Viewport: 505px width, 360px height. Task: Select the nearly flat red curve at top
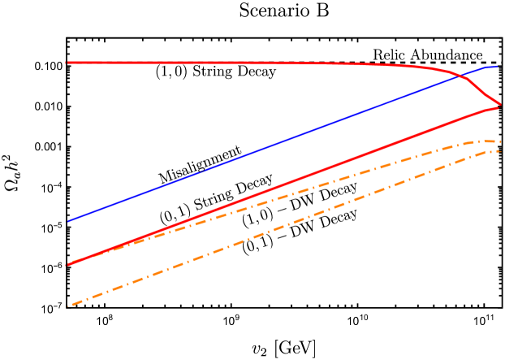click(x=203, y=63)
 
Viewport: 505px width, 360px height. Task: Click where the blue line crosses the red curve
click(x=462, y=76)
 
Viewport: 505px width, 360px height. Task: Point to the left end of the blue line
click(x=67, y=221)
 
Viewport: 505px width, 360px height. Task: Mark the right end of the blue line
click(x=497, y=67)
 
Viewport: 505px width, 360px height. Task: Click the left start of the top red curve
click(x=67, y=63)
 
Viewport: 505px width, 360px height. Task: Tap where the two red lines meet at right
click(x=500, y=105)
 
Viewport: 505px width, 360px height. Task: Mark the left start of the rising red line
click(x=67, y=265)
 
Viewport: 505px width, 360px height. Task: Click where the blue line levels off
click(x=487, y=67)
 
